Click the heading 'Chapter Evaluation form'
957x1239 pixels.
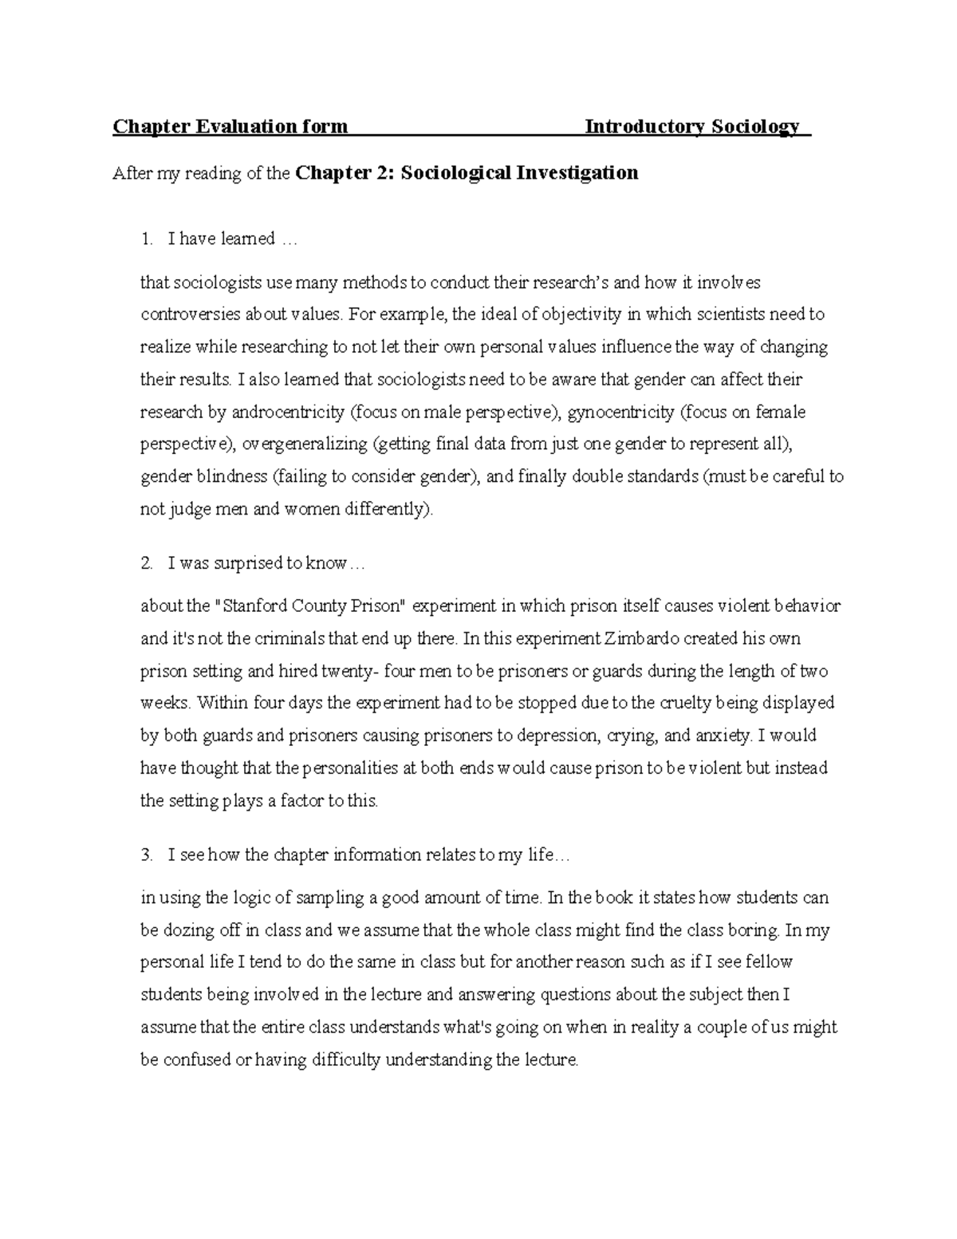(230, 127)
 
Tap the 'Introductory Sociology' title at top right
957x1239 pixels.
(691, 127)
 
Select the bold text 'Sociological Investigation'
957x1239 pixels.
(519, 173)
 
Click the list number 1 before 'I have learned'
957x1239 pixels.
(145, 239)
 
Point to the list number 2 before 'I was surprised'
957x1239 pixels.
(145, 563)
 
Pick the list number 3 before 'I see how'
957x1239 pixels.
(145, 855)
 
